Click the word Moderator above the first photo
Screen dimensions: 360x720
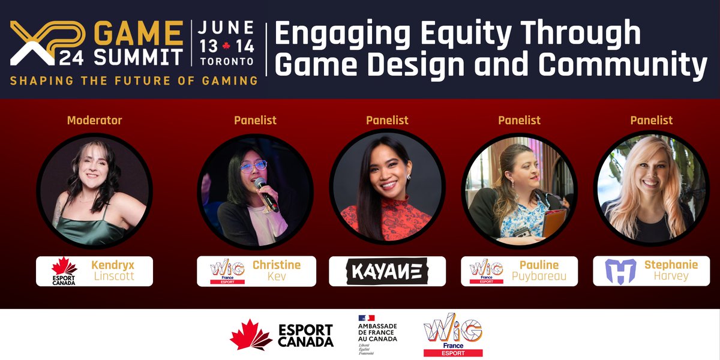[94, 121]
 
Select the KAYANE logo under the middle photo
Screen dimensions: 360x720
[387, 272]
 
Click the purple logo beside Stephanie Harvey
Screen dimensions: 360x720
[620, 271]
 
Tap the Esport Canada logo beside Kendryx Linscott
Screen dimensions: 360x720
[64, 271]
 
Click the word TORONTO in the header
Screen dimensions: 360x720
[226, 61]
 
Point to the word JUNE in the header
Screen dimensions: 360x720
[226, 27]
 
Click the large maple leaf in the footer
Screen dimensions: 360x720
[251, 335]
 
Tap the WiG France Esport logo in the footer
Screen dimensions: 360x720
[452, 335]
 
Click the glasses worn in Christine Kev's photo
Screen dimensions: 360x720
[254, 166]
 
